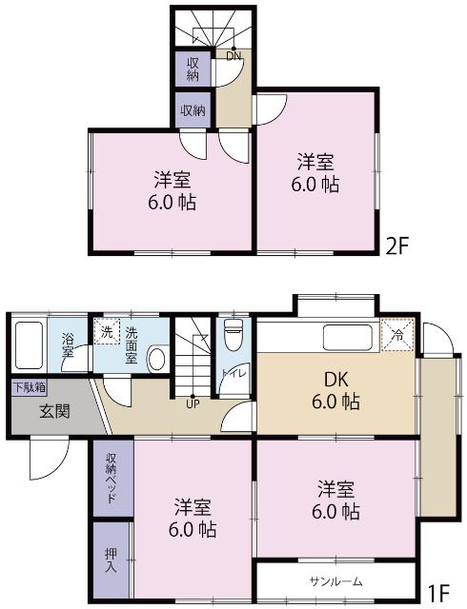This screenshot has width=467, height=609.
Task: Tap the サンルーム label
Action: click(x=336, y=580)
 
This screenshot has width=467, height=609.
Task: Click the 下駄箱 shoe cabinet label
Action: click(x=29, y=387)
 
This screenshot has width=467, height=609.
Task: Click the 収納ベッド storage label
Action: click(x=112, y=481)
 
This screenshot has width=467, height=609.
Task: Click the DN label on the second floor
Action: click(x=233, y=55)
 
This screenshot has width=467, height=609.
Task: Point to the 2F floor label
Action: click(x=396, y=246)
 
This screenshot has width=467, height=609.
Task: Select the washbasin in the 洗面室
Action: click(x=158, y=360)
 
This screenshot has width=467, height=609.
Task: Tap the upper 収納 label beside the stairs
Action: click(x=193, y=69)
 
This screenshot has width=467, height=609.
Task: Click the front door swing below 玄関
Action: click(x=48, y=461)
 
